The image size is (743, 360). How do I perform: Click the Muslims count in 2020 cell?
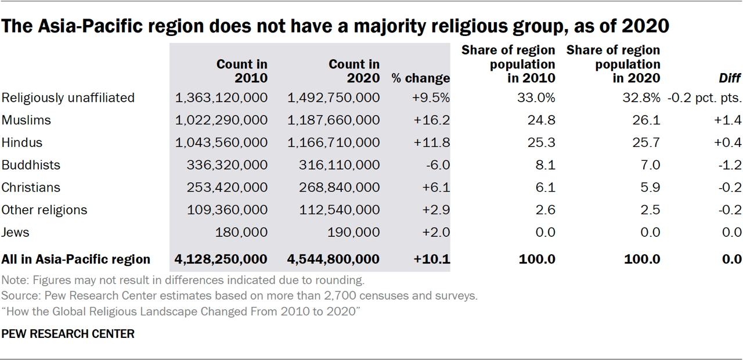pos(333,120)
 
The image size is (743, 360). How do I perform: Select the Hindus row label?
pos(22,142)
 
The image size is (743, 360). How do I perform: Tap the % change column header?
pos(420,78)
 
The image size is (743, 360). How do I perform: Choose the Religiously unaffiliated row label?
pos(68,98)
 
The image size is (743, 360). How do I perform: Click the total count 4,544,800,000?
pos(333,259)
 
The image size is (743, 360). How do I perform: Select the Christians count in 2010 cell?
pos(227,188)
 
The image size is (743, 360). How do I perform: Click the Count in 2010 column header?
pos(241,71)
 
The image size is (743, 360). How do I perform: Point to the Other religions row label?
pos(44,210)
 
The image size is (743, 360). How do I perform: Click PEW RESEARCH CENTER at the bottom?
pos(68,334)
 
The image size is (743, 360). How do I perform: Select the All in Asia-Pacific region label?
pos(76,259)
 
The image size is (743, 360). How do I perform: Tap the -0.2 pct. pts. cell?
pos(704,98)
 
